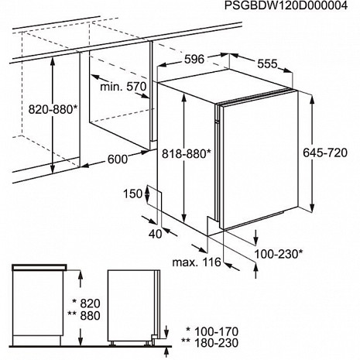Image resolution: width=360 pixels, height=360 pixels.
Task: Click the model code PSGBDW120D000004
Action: (x=286, y=5)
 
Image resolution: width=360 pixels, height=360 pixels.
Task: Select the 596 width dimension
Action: (x=194, y=60)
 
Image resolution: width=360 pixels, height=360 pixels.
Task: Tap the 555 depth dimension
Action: (x=267, y=63)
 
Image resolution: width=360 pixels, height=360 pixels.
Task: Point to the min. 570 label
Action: (x=123, y=87)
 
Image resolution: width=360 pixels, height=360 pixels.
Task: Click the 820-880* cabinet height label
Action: (x=53, y=109)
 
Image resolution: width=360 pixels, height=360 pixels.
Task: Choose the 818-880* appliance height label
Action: (x=187, y=154)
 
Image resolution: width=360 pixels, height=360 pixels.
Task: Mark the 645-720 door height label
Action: (x=325, y=153)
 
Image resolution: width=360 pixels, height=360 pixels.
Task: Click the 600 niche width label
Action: (x=118, y=159)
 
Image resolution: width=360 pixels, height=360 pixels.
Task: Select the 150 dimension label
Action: (x=132, y=194)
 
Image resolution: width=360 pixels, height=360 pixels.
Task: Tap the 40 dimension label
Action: (x=156, y=234)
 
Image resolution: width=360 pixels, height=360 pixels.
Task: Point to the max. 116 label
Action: (x=197, y=262)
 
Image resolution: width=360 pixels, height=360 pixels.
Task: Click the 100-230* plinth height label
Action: (x=279, y=254)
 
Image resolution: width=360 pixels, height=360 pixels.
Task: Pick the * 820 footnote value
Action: (x=87, y=303)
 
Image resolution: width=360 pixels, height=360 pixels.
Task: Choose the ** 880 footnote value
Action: (x=84, y=316)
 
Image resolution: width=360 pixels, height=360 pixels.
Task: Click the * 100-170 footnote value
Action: (x=212, y=331)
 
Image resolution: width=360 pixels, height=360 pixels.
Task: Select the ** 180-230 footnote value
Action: (x=210, y=343)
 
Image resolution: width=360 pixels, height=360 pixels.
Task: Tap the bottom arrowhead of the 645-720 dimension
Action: (x=312, y=208)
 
